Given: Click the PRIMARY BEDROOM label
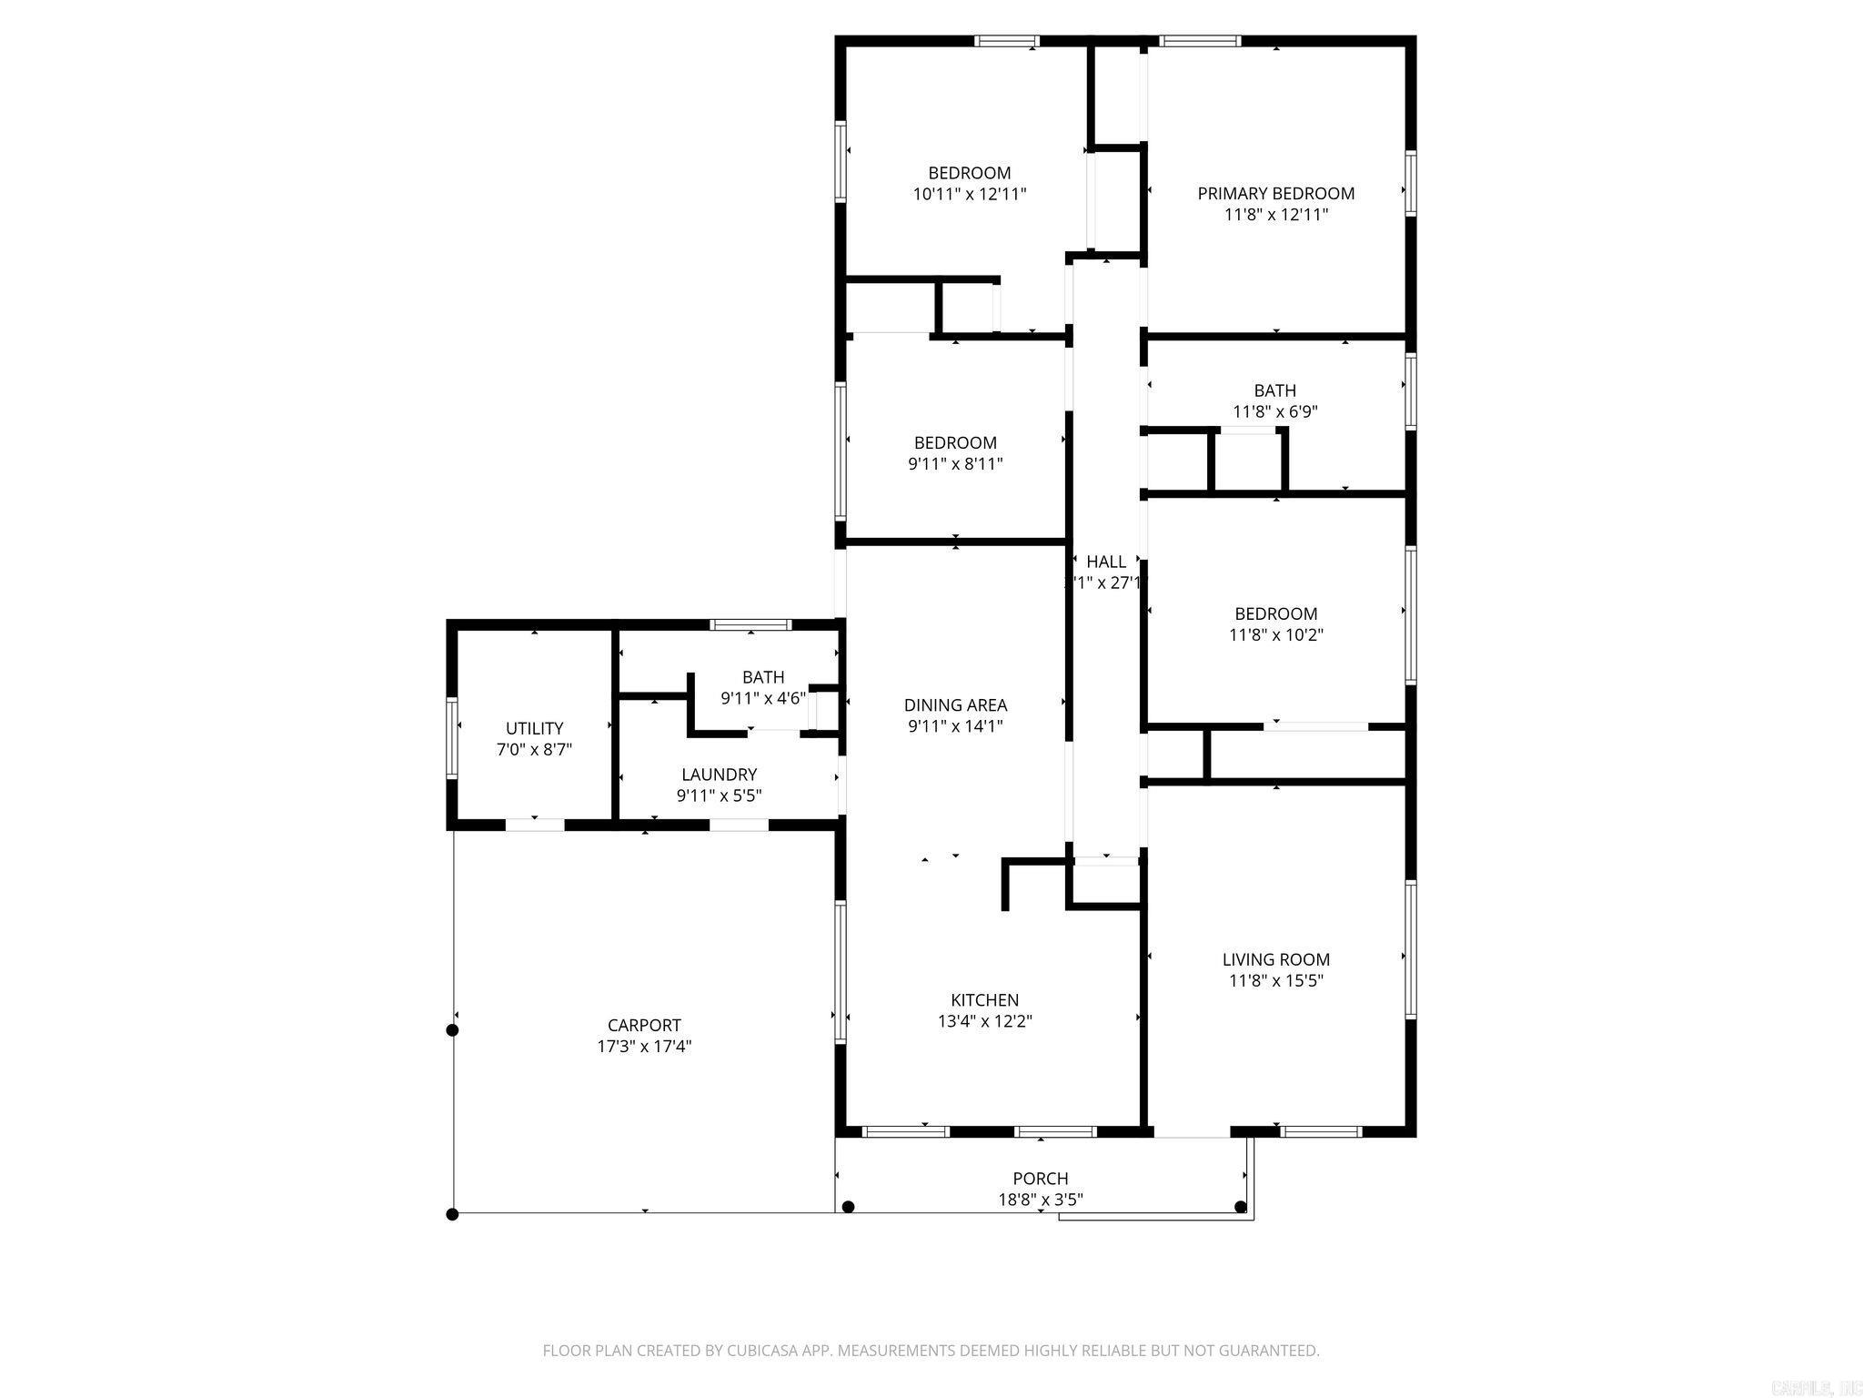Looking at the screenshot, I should [1275, 193].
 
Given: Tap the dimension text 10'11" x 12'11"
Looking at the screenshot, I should [969, 194].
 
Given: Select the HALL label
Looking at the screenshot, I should [1106, 562].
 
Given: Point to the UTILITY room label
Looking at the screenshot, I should [534, 728].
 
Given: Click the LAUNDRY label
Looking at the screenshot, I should [719, 775].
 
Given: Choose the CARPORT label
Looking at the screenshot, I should [644, 1025].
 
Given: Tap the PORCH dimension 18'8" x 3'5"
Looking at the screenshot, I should [1040, 1200].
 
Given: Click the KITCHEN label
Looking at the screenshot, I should [984, 999].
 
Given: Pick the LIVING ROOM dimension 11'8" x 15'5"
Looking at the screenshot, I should [1275, 981].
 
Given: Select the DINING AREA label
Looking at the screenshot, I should [955, 704].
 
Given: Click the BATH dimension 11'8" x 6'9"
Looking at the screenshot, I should [1274, 411].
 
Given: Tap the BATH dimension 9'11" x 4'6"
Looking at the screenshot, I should [762, 699].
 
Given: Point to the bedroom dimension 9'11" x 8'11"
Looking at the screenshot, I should [955, 464].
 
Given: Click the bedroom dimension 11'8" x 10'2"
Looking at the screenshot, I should [1275, 635].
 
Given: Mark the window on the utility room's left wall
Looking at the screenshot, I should [451, 737].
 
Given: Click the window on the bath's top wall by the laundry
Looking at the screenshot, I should [750, 624].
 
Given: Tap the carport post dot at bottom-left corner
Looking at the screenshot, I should [452, 1213].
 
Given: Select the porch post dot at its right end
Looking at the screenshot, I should [1240, 1207].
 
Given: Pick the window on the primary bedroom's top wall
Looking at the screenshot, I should [1200, 41].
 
